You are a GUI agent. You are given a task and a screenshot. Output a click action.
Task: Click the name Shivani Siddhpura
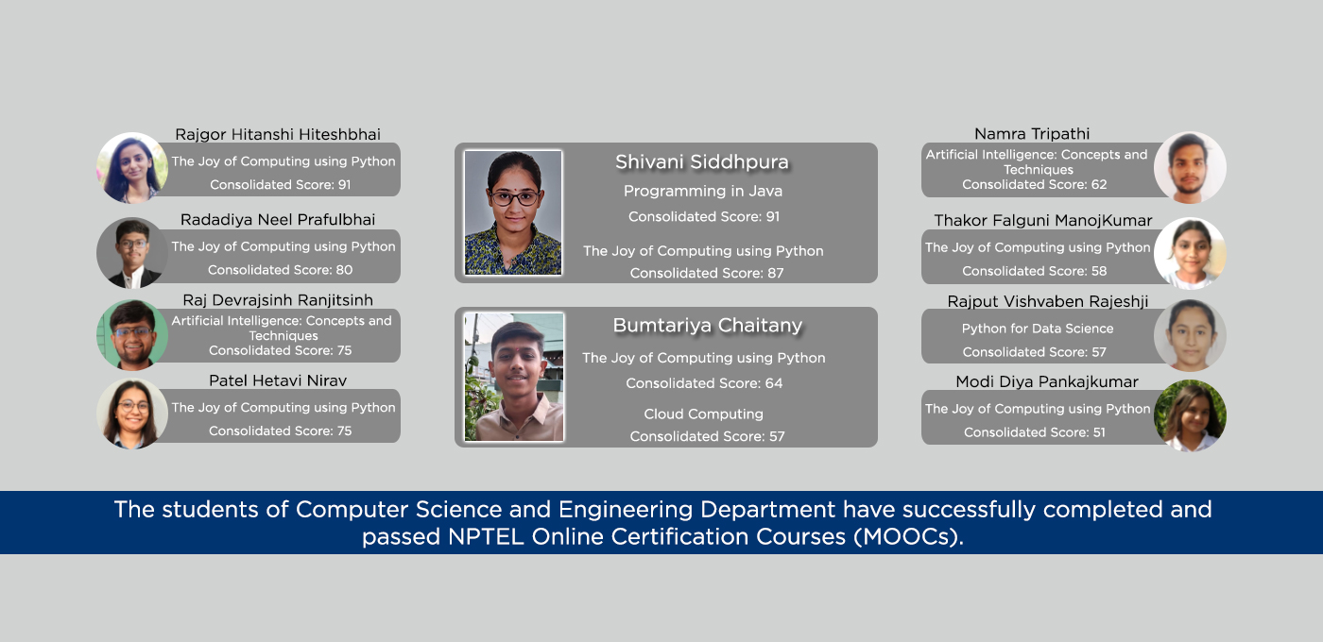pos(701,161)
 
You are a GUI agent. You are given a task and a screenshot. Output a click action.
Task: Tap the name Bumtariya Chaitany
pos(708,325)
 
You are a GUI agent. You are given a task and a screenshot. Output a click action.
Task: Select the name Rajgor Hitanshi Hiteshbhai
pos(278,134)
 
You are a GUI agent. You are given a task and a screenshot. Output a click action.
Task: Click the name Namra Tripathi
pos(1032,134)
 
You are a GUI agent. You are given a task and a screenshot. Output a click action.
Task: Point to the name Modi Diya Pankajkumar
pos(1047,381)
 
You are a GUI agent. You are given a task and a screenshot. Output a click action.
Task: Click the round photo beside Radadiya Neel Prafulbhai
pos(132,253)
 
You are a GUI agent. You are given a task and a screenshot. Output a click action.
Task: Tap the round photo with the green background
pos(132,334)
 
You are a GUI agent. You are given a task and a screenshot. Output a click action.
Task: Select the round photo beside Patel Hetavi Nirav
pos(132,414)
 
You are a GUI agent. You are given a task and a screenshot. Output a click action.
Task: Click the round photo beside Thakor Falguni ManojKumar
pos(1190,254)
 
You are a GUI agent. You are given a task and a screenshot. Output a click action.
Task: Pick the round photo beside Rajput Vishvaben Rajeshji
pos(1190,335)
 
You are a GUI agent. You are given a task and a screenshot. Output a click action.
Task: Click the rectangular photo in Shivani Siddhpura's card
pos(512,212)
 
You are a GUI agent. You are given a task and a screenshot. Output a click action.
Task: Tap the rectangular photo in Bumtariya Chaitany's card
pos(514,377)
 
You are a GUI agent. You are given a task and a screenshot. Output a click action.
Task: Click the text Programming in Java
pos(703,191)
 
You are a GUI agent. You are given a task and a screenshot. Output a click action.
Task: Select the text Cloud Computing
pos(703,414)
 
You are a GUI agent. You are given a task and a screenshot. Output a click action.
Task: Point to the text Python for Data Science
pos(1038,329)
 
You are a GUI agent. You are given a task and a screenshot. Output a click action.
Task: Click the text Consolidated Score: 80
pos(280,270)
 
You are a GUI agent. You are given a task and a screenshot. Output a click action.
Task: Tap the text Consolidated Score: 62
pos(1034,185)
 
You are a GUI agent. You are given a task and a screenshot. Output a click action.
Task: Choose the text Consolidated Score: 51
pos(1034,432)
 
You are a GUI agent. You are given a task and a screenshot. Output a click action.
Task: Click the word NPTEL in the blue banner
pos(486,537)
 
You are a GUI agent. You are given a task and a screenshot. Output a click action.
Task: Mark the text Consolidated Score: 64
pos(704,383)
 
